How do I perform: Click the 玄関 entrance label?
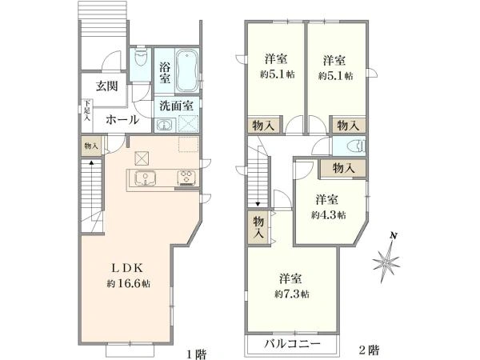pos(108,86)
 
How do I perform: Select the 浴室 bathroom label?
pos(164,73)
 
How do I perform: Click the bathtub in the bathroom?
pos(190,70)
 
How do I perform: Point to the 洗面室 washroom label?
pos(174,105)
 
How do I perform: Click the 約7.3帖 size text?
pos(292,294)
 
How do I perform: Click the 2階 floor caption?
pos(369,349)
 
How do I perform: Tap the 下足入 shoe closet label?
pos(87,110)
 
